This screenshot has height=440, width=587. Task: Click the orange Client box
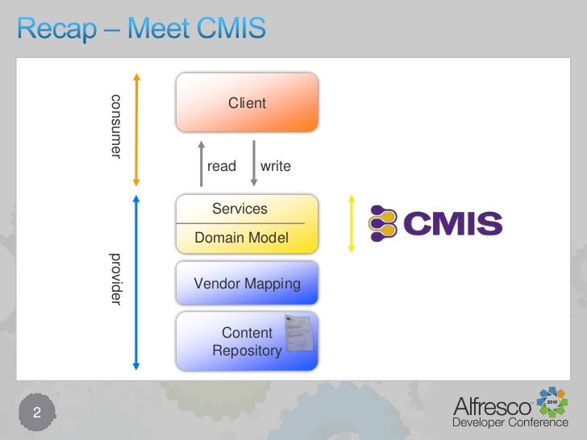tap(247, 103)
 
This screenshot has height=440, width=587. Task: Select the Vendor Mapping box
tap(247, 284)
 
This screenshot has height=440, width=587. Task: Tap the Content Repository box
tap(247, 342)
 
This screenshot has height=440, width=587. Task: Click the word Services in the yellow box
tap(239, 209)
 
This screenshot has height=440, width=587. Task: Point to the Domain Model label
tap(241, 239)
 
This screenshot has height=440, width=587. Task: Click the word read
tap(222, 166)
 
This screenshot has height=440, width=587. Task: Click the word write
tap(275, 166)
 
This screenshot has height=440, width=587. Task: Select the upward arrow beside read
tap(201, 163)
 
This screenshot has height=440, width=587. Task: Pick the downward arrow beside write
tap(253, 163)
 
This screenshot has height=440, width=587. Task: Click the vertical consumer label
tap(115, 126)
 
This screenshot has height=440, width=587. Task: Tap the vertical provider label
tap(115, 278)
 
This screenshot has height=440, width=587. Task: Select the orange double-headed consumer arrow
tap(136, 129)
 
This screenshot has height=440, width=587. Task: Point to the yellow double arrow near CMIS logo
tap(352, 222)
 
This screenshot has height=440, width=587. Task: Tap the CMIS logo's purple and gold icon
tap(385, 223)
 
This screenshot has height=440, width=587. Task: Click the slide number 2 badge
tap(36, 413)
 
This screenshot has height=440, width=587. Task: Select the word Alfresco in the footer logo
tap(491, 406)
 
